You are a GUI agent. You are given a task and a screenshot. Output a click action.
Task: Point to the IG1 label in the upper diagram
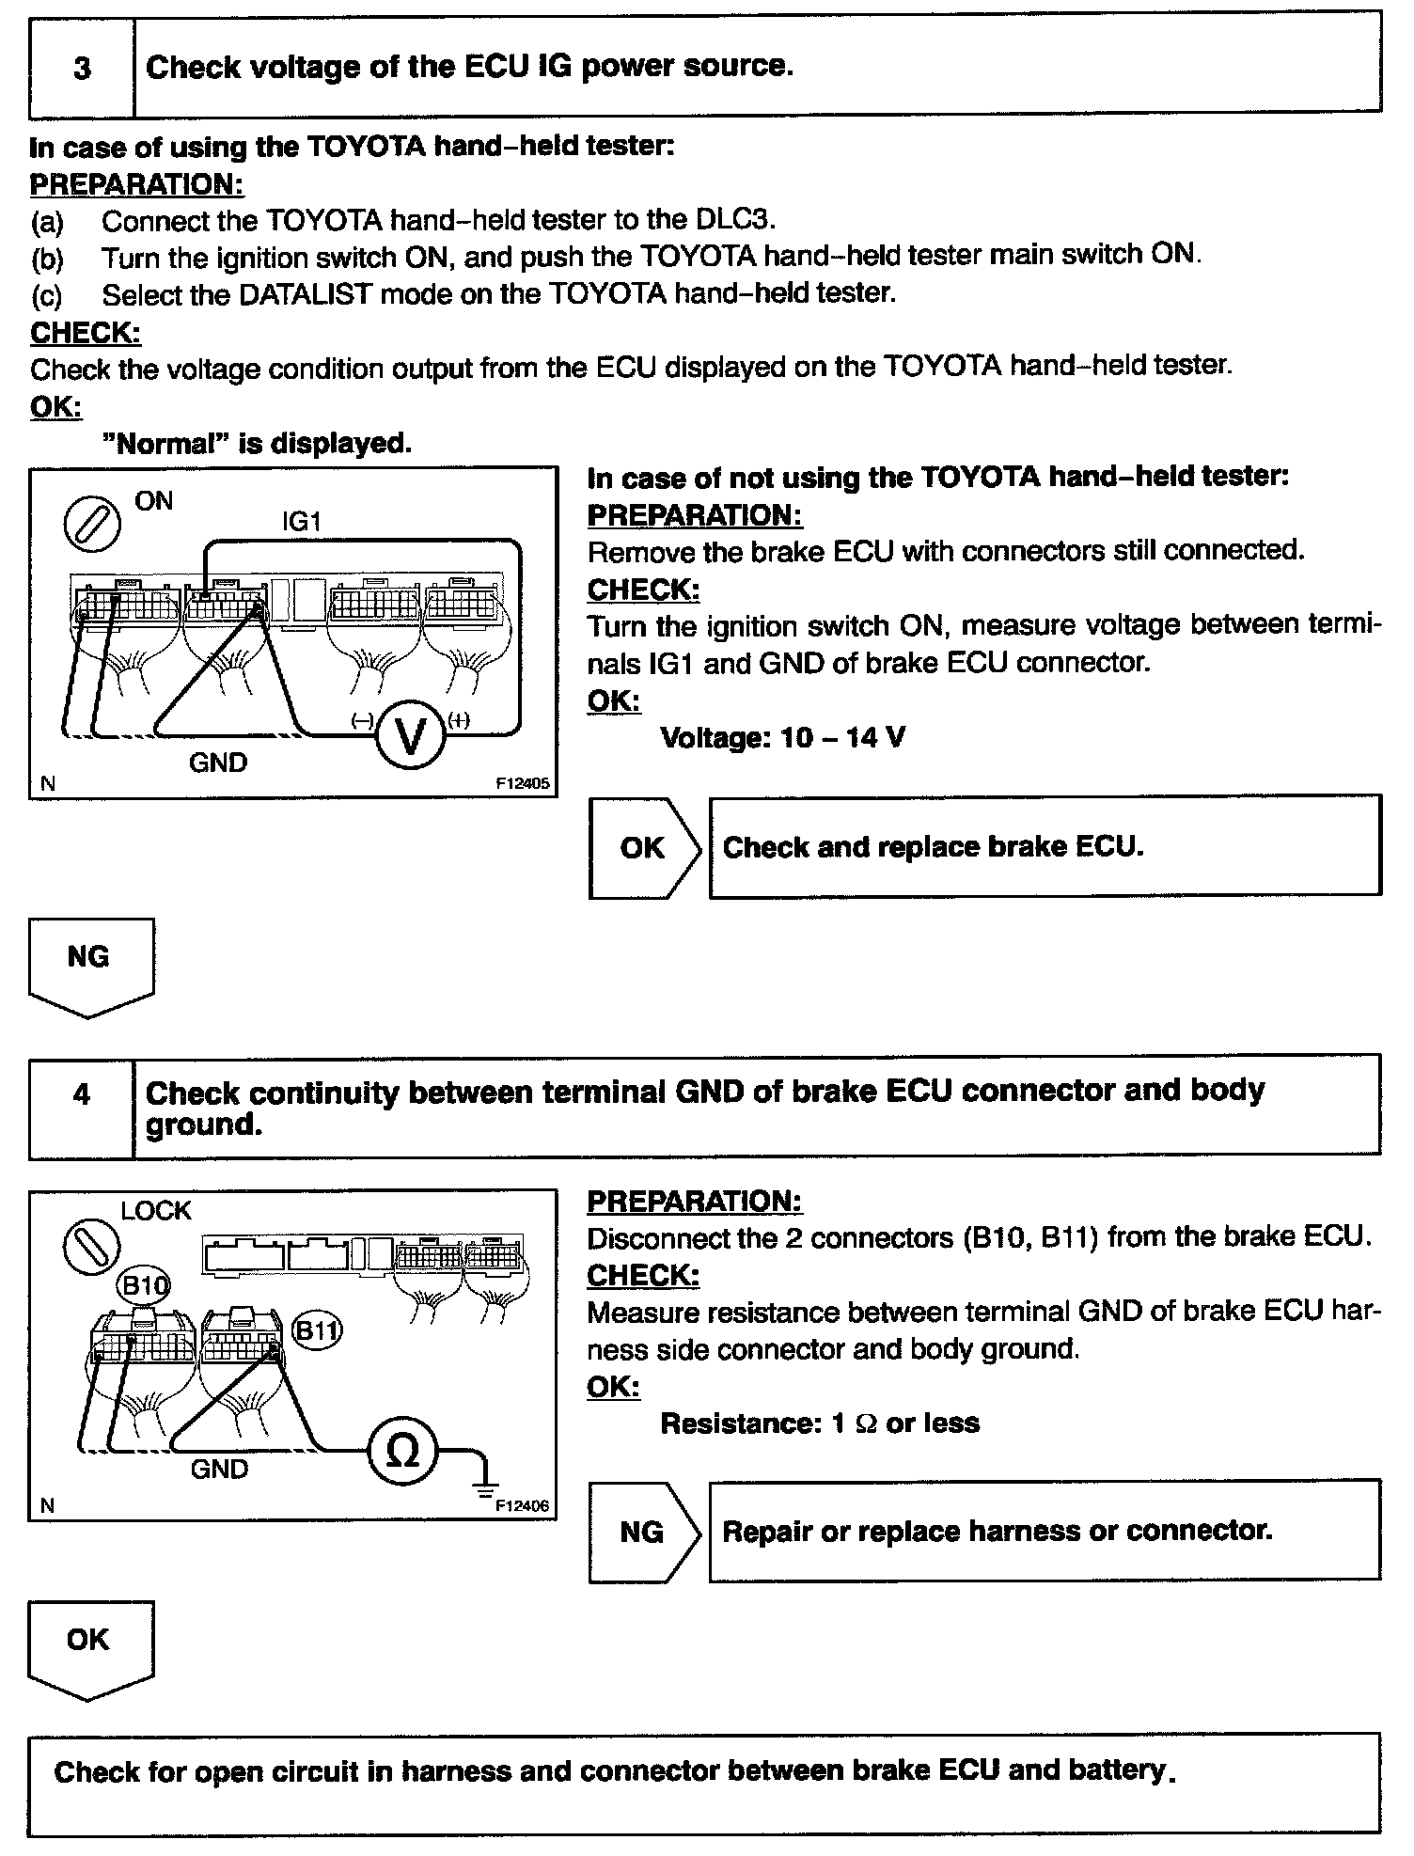point(301,522)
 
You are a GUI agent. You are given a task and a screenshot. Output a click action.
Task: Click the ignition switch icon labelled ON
point(91,523)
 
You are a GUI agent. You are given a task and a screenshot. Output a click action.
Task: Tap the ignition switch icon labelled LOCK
point(91,1250)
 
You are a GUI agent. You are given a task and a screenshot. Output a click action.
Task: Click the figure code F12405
point(523,782)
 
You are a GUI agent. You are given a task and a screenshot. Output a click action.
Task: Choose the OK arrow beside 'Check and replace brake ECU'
point(643,848)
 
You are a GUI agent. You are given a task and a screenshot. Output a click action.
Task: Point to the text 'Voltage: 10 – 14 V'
point(782,738)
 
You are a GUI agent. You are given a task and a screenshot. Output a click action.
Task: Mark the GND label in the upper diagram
point(218,763)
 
